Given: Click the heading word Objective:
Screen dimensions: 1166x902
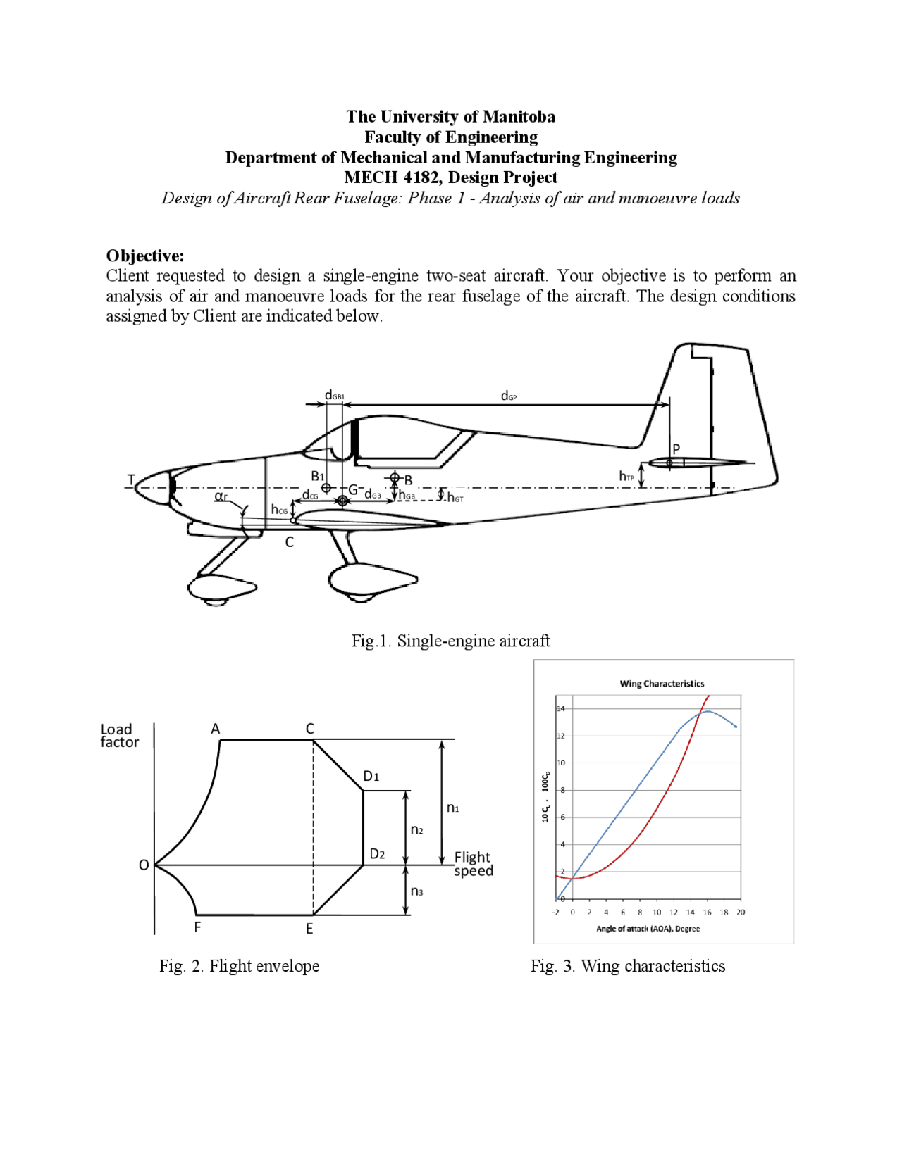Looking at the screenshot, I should (144, 256).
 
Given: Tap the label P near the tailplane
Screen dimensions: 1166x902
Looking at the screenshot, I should (676, 449).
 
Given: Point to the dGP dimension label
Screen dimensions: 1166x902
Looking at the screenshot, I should (508, 396).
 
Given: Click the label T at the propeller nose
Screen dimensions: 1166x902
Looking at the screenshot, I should (130, 479).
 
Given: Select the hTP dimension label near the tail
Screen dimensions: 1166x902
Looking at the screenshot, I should (626, 477).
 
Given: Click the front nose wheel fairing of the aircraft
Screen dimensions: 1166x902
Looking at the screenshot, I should (221, 587).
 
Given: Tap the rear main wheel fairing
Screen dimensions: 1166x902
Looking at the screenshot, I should (371, 580).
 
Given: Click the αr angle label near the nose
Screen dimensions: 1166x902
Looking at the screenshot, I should (221, 496).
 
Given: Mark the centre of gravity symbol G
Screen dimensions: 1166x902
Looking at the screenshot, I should (342, 500).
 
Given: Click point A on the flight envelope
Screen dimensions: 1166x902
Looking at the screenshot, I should (216, 729).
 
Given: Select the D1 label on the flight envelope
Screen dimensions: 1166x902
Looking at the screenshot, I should (371, 776).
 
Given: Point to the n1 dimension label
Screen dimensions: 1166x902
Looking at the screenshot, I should (453, 808).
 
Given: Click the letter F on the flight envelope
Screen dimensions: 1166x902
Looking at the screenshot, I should (197, 927).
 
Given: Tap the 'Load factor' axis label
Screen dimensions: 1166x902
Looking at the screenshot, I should (119, 735).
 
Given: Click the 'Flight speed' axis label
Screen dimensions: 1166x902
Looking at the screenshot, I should (473, 863).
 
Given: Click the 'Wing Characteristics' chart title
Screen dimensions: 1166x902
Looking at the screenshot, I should (661, 683).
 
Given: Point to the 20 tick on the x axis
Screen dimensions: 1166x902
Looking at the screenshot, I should (740, 912).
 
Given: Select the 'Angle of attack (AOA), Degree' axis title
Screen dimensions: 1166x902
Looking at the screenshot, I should (648, 929).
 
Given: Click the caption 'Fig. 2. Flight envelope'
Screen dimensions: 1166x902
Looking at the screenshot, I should (239, 966).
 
